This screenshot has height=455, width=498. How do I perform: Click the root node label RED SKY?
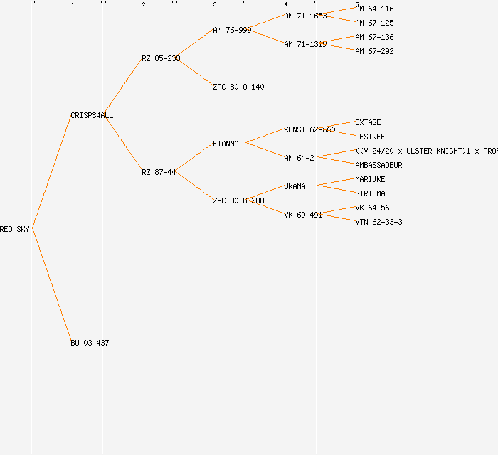coord(15,229)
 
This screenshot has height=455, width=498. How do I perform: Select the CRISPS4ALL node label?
coord(92,115)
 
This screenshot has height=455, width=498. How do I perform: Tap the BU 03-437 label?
coord(90,343)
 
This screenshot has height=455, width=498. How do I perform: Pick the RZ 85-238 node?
coord(161,58)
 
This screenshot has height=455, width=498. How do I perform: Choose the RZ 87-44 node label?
coord(159,172)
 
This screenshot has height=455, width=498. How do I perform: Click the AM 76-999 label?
coord(232,30)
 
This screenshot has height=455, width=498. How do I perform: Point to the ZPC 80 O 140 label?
coord(238,87)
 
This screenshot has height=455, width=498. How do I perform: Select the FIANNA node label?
coord(226,144)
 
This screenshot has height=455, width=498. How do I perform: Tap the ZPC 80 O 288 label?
coord(238,200)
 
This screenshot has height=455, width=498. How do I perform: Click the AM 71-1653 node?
coord(305,16)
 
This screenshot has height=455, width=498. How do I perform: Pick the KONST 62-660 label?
coord(309,129)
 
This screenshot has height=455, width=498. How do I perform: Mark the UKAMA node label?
coord(295,186)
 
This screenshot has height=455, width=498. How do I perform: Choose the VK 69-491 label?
coord(303,215)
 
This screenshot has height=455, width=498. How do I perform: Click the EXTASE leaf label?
coord(368,122)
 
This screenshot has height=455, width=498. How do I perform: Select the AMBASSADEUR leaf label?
coord(378,165)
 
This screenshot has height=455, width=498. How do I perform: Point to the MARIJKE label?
coord(370,179)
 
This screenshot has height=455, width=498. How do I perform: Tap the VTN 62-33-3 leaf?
coord(378,222)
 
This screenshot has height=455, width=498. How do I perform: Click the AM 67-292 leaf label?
coord(374,51)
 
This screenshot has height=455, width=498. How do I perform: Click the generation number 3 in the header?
coord(214,5)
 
